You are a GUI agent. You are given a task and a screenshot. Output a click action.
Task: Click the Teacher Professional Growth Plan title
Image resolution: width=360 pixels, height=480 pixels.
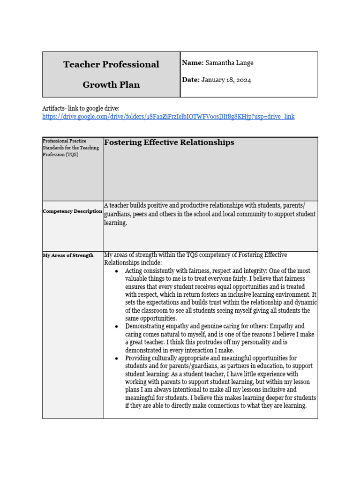pos(111,74)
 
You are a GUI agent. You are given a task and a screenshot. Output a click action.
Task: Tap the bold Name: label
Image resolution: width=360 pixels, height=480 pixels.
pos(192,63)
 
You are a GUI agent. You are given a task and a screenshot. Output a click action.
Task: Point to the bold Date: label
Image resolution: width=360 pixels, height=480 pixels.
pos(191,80)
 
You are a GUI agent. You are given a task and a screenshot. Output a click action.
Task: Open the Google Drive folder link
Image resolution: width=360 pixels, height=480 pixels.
pos(168,117)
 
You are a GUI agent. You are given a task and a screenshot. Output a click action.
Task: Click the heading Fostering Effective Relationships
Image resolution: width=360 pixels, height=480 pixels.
pos(169,142)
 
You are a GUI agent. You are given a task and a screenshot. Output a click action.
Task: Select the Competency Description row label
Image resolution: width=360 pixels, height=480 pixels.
pos(72,211)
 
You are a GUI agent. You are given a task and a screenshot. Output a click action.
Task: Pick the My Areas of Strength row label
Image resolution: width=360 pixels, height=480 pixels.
pos(68,255)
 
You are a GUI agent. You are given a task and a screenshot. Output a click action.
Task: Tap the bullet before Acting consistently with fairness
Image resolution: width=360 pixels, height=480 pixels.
pos(116,271)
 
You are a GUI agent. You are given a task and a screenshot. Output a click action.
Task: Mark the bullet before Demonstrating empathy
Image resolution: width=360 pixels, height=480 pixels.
pos(116,326)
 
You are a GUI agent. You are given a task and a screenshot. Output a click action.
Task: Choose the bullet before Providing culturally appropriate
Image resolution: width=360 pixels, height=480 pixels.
pos(116,359)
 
